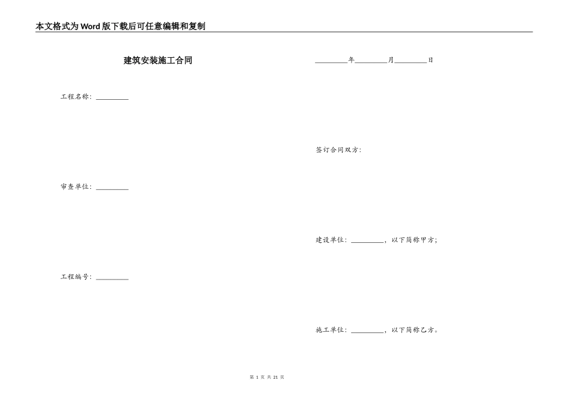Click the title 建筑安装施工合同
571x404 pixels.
pyautogui.click(x=158, y=61)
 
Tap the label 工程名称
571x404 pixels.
pyautogui.click(x=75, y=97)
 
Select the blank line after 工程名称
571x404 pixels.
pyautogui.click(x=112, y=98)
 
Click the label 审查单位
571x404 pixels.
pyautogui.click(x=75, y=187)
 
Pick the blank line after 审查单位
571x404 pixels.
pyautogui.click(x=112, y=188)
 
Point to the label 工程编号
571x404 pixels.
pyautogui.click(x=75, y=277)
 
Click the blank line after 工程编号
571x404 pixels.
pyautogui.click(x=112, y=278)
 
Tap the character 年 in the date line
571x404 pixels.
pyautogui.click(x=352, y=60)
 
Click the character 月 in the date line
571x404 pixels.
pyautogui.click(x=391, y=60)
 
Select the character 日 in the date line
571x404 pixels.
pyautogui.click(x=430, y=60)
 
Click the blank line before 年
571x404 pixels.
pyautogui.click(x=331, y=61)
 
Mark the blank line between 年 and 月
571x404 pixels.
pyautogui.click(x=371, y=61)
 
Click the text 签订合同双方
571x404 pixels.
pyautogui.click(x=338, y=150)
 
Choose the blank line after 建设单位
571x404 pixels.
pyautogui.click(x=367, y=241)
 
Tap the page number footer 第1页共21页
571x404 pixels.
pyautogui.click(x=267, y=377)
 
